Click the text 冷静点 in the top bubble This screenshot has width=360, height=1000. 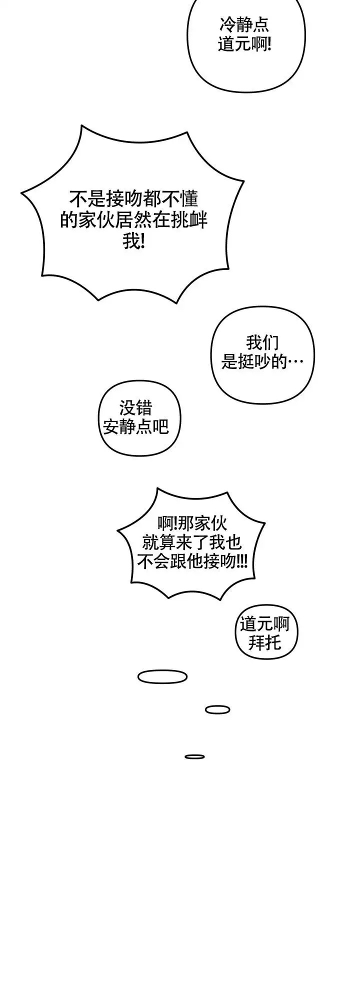click(x=244, y=24)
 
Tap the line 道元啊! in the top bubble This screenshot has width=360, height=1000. click(x=244, y=44)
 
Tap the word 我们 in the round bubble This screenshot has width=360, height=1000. click(x=262, y=342)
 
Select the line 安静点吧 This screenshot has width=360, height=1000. click(x=135, y=426)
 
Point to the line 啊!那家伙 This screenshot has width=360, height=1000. click(x=191, y=523)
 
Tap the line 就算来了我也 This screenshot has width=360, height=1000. click(x=191, y=542)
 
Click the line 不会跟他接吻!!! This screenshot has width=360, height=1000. click(x=191, y=562)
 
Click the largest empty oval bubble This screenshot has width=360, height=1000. click(x=162, y=677)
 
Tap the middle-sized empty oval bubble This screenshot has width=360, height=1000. click(x=217, y=709)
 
